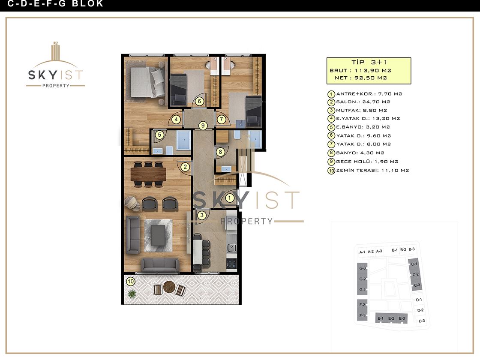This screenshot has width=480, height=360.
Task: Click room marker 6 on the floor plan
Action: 199,101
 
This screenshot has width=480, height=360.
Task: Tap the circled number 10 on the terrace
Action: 131,281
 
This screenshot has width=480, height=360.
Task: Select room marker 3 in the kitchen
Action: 202,215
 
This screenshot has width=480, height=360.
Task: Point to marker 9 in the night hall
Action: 203,125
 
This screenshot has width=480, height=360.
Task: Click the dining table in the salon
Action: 148,174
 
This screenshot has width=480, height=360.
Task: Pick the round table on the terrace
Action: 169,287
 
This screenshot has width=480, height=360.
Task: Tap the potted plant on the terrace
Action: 132,294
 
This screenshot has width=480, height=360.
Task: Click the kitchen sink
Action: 232,247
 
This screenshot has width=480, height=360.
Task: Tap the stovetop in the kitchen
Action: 231,264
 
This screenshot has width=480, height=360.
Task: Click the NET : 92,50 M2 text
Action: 360,78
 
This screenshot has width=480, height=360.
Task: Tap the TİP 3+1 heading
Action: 369,62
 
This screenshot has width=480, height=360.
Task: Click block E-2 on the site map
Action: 391,318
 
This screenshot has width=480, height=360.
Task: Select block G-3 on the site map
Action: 363,268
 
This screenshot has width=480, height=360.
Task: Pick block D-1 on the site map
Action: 419,300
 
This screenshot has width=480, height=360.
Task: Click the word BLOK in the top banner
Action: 88,4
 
